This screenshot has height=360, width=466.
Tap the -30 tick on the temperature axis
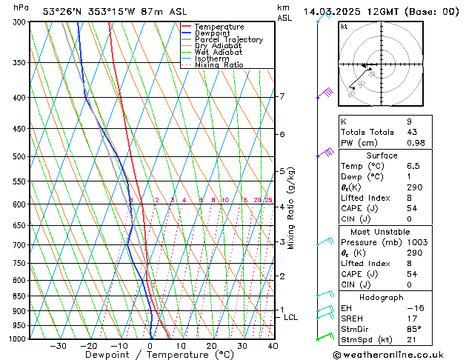58,345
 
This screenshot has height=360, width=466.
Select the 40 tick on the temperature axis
273,345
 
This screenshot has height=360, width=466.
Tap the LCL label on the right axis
291,317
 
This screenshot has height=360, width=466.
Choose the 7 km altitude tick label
282,96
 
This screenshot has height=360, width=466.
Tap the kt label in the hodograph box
344,26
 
